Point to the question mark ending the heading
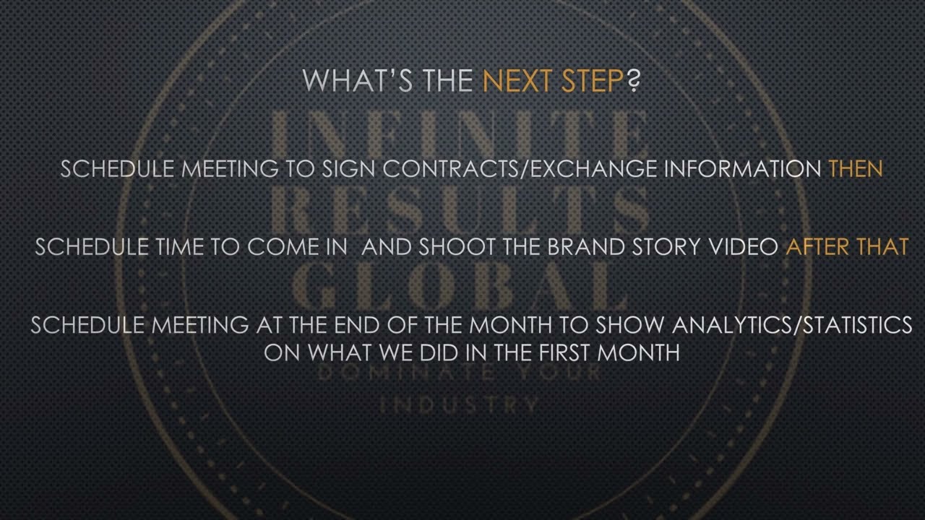click(634, 81)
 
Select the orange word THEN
click(856, 169)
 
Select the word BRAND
click(581, 247)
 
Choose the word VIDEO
click(743, 247)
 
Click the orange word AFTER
click(817, 247)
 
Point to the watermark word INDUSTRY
click(460, 404)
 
